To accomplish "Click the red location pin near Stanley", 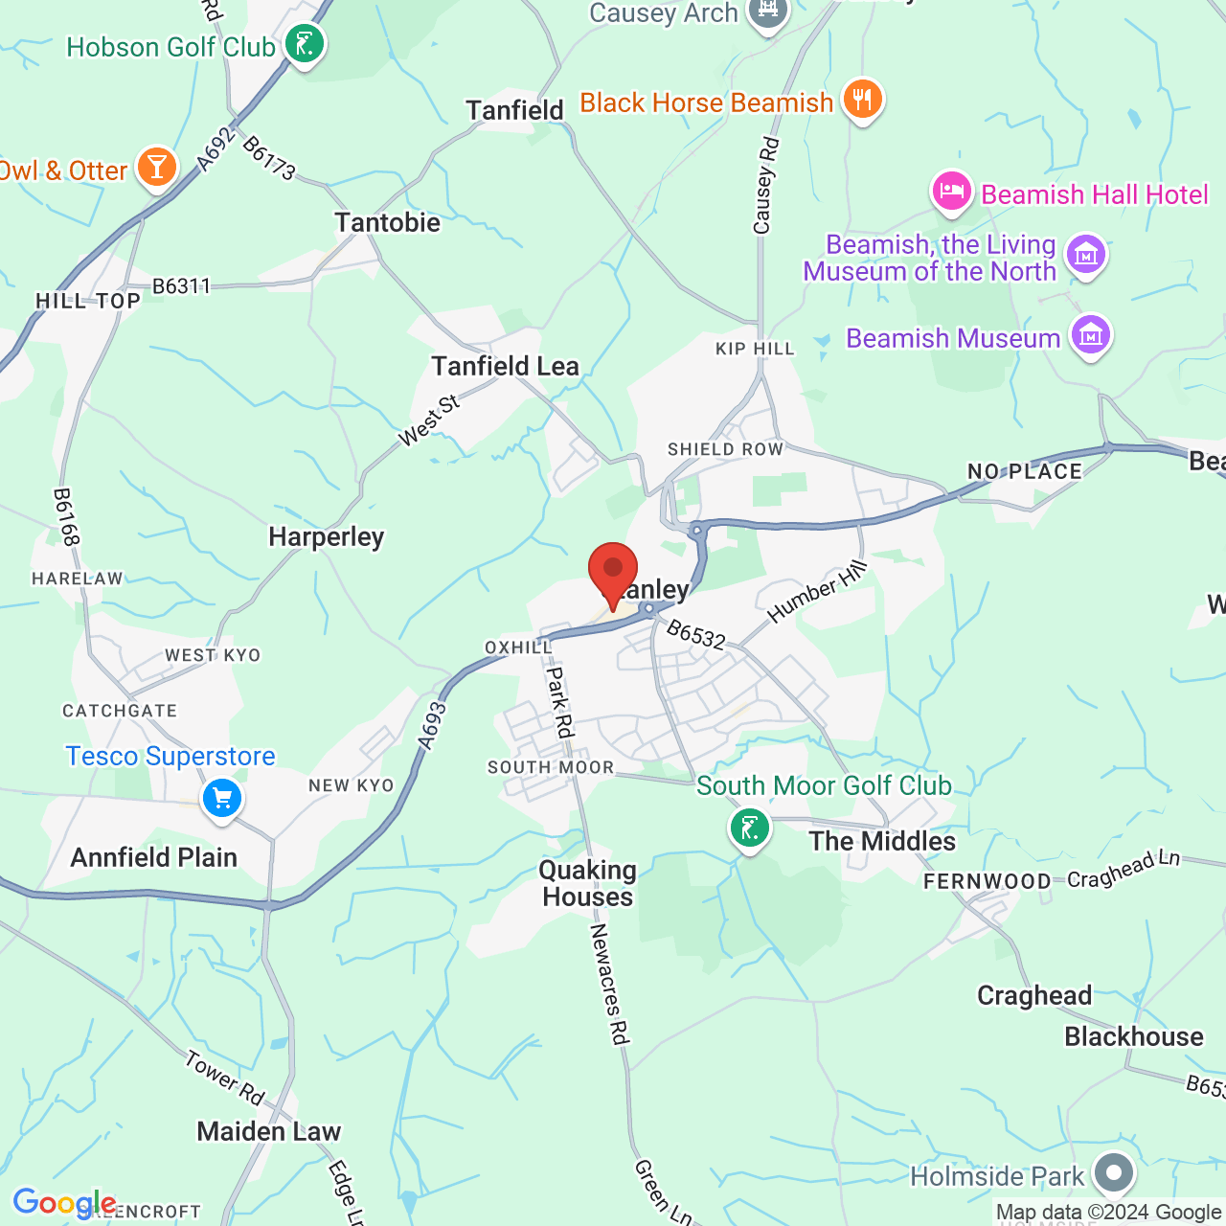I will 612,572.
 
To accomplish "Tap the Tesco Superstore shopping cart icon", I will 222,798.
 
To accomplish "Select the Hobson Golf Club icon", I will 305,44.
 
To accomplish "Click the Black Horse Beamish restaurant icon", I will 862,99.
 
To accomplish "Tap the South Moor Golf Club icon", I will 749,828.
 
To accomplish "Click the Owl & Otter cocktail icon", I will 157,168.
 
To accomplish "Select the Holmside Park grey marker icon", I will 1114,1172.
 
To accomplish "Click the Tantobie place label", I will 387,222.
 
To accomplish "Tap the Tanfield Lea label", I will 505,366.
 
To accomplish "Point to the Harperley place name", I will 326,536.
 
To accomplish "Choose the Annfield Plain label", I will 154,857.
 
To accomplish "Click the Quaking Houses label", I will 587,883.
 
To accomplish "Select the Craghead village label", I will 1034,995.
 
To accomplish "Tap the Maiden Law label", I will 268,1131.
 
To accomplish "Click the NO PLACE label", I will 1025,471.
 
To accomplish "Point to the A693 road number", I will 433,725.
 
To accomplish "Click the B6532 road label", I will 696,634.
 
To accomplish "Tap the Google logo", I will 64,1203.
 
